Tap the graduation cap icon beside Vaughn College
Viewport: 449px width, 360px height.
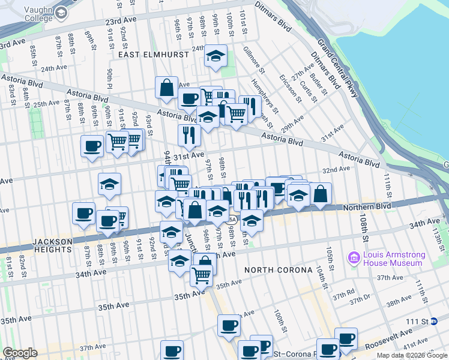point(61,12)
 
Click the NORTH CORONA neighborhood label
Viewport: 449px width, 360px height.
point(276,270)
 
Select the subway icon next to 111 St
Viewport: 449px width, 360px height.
point(434,322)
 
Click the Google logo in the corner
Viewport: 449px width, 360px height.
point(20,353)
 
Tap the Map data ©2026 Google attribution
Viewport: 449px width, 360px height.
point(411,355)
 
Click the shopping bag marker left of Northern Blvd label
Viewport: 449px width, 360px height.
point(321,193)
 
